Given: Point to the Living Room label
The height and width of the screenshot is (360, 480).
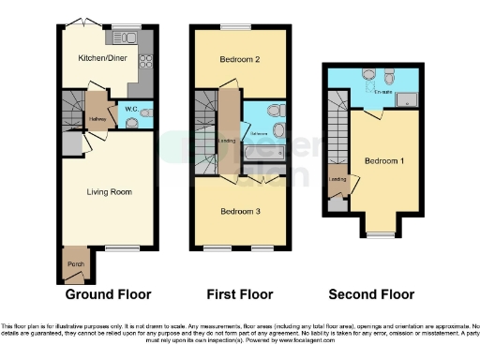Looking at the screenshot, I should point(109,191).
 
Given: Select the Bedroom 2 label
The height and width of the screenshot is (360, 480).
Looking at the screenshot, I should point(239,58).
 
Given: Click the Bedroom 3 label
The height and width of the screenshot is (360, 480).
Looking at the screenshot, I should point(240,212).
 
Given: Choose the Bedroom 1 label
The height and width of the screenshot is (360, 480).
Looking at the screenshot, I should point(382,159).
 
